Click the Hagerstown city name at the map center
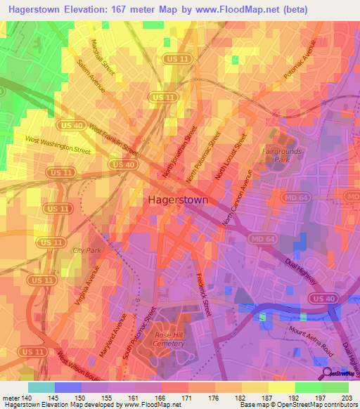(x=178, y=200)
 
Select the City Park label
(x=87, y=250)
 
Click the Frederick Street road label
(x=204, y=293)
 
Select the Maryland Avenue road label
(x=112, y=336)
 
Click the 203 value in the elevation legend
(x=345, y=398)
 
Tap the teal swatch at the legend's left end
(x=41, y=387)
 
